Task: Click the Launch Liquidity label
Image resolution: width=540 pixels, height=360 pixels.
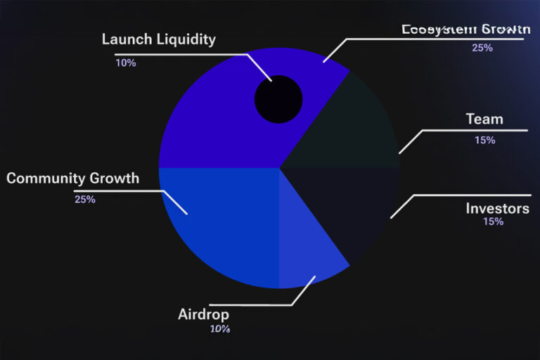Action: click(158, 39)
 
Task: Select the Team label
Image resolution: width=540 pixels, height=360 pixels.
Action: click(484, 120)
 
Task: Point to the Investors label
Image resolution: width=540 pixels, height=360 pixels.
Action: click(497, 208)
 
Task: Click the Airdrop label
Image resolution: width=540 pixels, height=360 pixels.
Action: click(203, 314)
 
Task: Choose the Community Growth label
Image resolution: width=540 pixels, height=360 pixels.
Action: click(72, 178)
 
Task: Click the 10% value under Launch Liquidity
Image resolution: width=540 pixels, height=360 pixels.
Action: click(126, 63)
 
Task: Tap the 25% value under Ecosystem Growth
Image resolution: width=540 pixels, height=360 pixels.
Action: click(482, 48)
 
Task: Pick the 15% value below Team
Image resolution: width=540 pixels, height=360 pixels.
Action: click(484, 140)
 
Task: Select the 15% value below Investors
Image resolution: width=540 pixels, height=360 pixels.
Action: click(493, 221)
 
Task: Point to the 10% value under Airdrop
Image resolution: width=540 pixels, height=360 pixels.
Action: click(219, 328)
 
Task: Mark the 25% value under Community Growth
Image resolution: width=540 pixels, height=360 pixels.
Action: click(84, 199)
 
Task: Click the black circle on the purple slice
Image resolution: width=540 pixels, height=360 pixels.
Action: click(278, 98)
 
